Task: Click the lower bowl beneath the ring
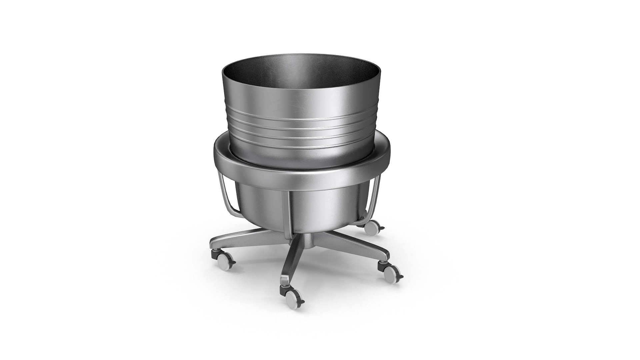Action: point(320,207)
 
